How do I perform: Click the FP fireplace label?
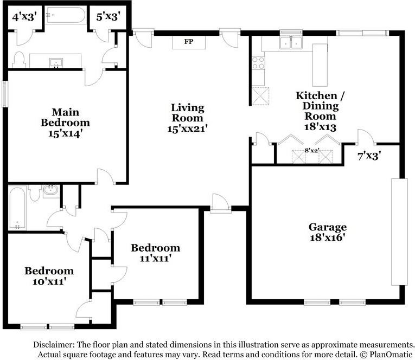point(189,41)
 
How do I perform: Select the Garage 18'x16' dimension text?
point(328,237)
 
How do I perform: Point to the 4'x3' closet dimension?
point(24,17)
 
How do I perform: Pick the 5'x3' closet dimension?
point(108,17)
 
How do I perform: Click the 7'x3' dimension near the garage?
point(369,156)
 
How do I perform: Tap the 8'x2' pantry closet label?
point(312,151)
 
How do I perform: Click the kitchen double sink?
point(291,43)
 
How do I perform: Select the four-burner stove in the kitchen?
point(258,63)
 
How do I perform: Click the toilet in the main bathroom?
point(19,60)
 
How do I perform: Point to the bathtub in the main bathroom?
point(66,15)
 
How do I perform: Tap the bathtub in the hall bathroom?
point(17,208)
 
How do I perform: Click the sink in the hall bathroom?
point(50,190)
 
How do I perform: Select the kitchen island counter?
point(320,65)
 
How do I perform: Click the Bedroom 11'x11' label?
point(155,253)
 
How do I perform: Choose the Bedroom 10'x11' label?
point(49,276)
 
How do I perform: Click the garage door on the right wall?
point(400,232)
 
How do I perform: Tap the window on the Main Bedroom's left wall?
point(5,94)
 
